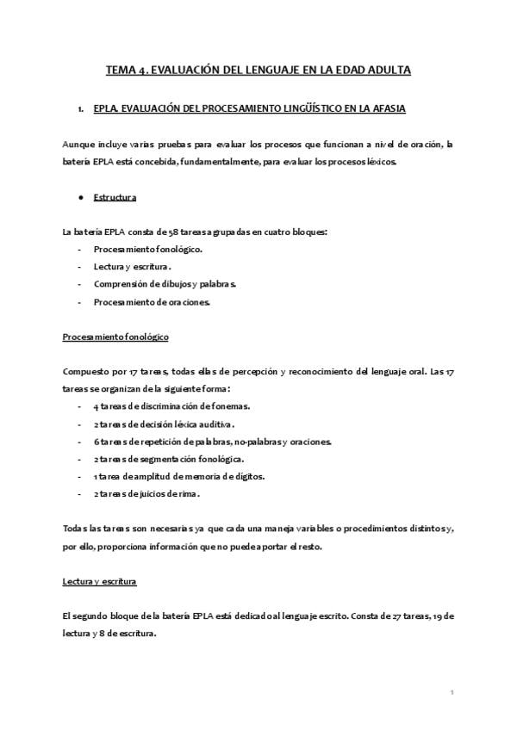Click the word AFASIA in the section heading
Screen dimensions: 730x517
[385, 109]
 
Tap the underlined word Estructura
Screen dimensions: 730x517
[114, 197]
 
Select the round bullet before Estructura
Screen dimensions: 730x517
[80, 197]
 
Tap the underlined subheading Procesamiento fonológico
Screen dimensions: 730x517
[115, 337]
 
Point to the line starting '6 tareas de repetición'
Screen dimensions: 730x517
[200, 441]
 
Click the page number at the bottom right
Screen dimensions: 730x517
[452, 692]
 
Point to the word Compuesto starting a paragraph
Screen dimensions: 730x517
[84, 371]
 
